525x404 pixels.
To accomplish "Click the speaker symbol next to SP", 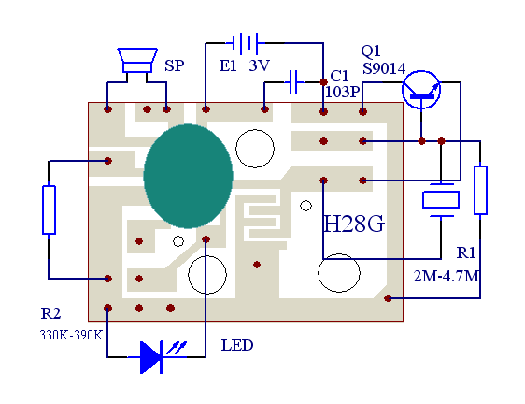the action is click(x=137, y=61).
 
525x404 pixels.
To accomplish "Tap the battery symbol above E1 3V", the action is click(x=246, y=43).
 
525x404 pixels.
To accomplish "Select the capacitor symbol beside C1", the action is click(x=293, y=81).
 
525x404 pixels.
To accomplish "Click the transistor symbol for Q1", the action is click(x=421, y=90).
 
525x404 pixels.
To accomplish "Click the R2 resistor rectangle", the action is click(x=49, y=209).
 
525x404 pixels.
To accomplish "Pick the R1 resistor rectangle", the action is click(x=480, y=190).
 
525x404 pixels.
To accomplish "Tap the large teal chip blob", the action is click(x=188, y=177).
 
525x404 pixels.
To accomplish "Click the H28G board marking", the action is click(x=354, y=224).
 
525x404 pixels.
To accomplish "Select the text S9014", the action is click(x=384, y=68).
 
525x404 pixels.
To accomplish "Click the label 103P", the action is click(x=343, y=92).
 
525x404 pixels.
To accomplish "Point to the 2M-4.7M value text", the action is click(x=447, y=277).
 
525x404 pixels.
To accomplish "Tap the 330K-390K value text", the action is click(x=71, y=336).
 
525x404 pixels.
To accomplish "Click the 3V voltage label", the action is click(x=259, y=65).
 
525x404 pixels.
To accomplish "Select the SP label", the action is click(x=174, y=65).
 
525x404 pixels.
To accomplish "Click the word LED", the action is click(x=237, y=345).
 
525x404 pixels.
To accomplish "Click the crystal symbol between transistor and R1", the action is click(x=441, y=200).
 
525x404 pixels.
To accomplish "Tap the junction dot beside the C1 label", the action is click(x=323, y=82).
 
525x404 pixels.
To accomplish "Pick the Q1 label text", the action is click(x=371, y=50).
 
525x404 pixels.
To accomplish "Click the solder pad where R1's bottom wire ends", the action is click(x=388, y=298).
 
